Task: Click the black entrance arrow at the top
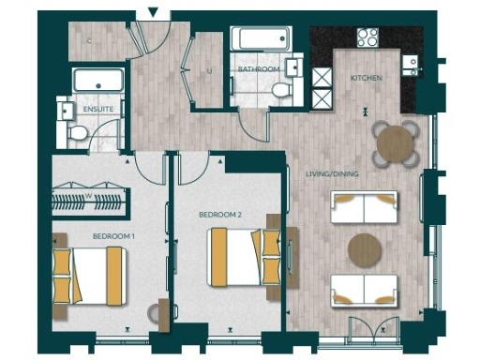[x=154, y=12]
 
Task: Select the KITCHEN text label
[x=366, y=79]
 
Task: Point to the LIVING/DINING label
[x=332, y=173]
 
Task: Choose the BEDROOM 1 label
[x=112, y=236]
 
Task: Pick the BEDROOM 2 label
[x=221, y=215]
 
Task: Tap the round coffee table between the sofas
[x=365, y=249]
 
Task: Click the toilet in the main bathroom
[x=280, y=89]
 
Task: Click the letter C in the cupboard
[x=90, y=42]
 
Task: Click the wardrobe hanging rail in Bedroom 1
[x=90, y=200]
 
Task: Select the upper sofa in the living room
[x=365, y=206]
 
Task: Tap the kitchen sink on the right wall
[x=410, y=63]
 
